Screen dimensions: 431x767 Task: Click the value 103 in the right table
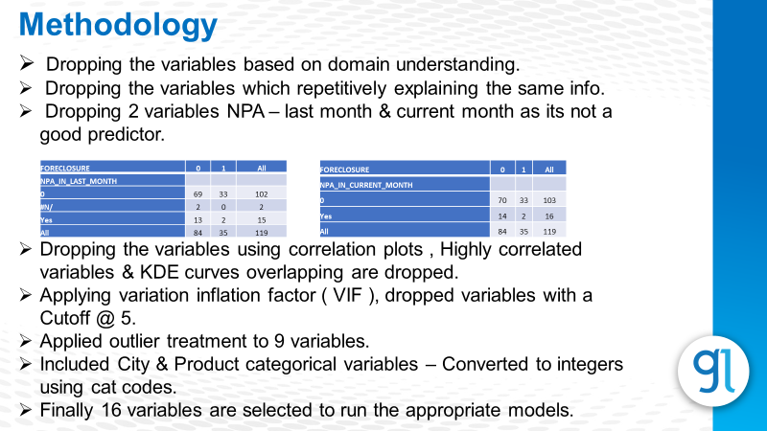[549, 199]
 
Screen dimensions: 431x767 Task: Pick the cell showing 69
[198, 193]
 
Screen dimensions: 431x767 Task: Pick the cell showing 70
[502, 199]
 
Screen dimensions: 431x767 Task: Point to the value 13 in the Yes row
[198, 218]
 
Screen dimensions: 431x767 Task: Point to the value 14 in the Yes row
[502, 216]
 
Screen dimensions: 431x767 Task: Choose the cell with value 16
[549, 216]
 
